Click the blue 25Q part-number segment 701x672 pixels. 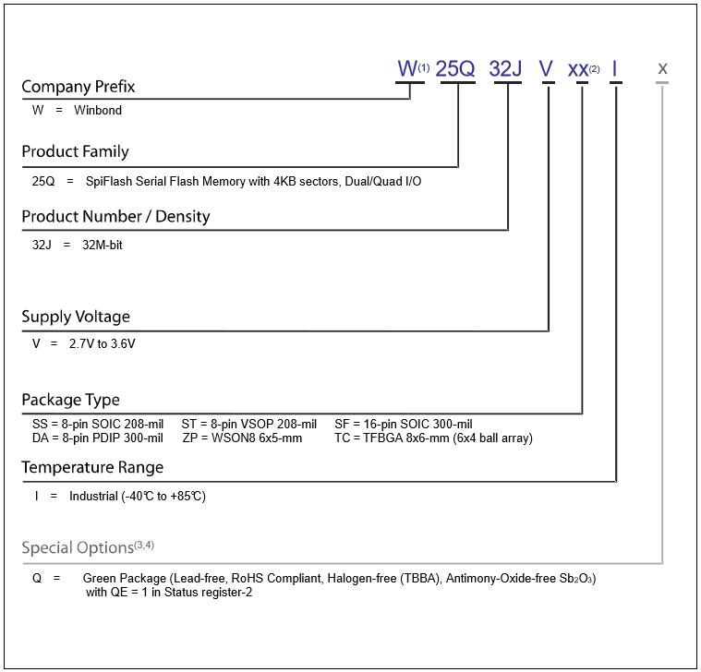tap(454, 69)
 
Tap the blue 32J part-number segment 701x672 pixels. tap(505, 69)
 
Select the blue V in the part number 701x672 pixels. tap(547, 69)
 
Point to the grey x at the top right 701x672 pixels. tap(662, 69)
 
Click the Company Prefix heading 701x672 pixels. tap(79, 87)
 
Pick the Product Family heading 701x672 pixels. tap(75, 152)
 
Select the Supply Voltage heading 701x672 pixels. tap(76, 317)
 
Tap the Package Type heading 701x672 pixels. tap(70, 400)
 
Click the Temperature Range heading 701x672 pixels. tap(92, 467)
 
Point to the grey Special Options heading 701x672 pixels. tap(88, 547)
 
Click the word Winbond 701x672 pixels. tap(98, 111)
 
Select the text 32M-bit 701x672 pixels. tap(103, 245)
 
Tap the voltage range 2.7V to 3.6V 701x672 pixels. tap(102, 343)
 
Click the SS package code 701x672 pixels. tap(40, 424)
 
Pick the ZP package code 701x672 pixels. tap(189, 438)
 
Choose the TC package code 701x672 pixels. tap(342, 438)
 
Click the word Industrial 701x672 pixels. tap(93, 496)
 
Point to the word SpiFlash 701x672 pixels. tap(108, 182)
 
